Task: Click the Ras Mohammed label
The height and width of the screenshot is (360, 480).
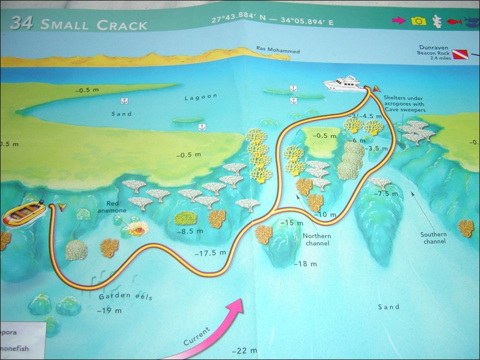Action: (x=271, y=50)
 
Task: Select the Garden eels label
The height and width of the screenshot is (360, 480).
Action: (x=125, y=297)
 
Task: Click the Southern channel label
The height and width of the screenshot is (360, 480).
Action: (x=434, y=238)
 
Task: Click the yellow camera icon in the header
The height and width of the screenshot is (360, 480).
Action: (x=419, y=21)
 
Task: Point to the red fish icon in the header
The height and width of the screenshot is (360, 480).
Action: (x=453, y=21)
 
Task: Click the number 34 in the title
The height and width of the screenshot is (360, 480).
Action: (x=21, y=23)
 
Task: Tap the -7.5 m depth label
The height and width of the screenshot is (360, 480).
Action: (x=383, y=194)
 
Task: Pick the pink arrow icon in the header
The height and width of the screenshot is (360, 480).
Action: (x=399, y=20)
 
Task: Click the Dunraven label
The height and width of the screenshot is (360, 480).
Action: (x=435, y=48)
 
